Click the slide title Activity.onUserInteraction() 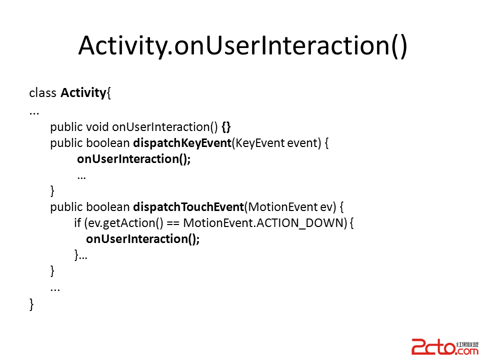coord(242,46)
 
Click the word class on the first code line coord(42,93)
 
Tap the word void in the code coord(97,126)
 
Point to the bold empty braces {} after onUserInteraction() coord(226,127)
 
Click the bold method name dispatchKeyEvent coord(182,143)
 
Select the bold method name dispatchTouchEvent coord(188,207)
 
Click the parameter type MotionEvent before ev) coord(283,207)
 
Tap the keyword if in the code coord(77,223)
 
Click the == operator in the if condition coord(173,223)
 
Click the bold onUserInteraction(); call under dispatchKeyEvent coord(134,159)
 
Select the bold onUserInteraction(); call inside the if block coord(142,239)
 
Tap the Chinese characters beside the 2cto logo coord(467,344)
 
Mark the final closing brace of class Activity coord(31,304)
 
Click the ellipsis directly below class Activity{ coord(34,114)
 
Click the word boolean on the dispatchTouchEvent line coord(108,207)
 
